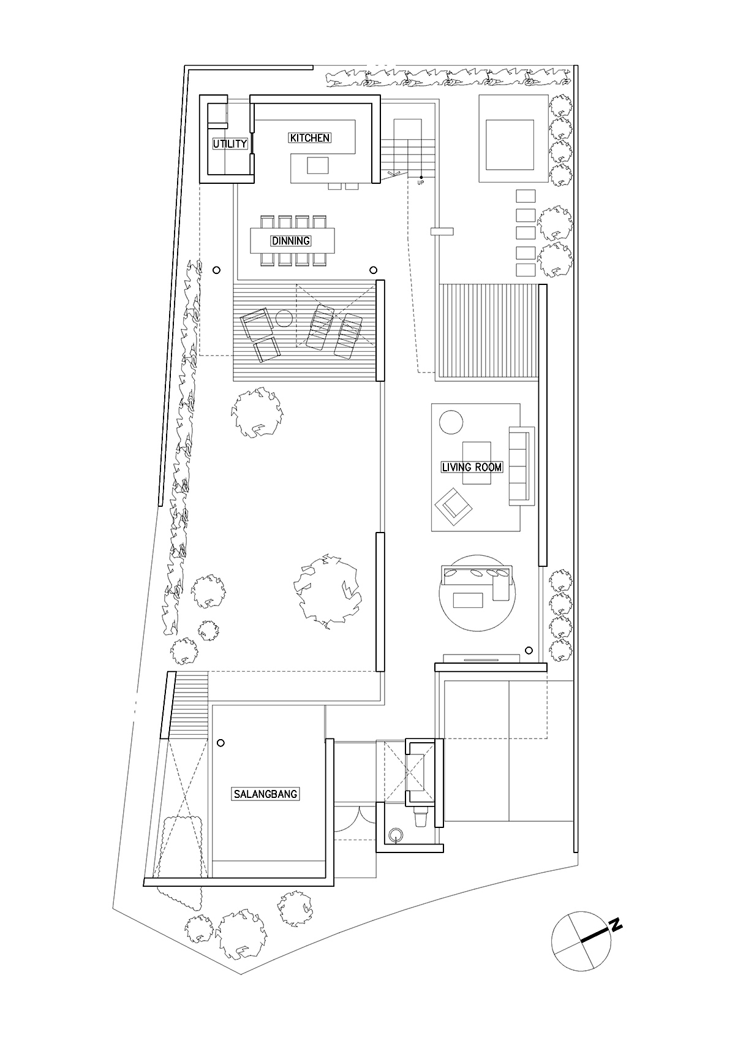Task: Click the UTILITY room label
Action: tap(230, 144)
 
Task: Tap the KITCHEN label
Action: tap(309, 138)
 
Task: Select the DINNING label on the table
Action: tap(291, 241)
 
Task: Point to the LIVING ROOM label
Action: tap(472, 467)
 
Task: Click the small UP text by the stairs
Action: tap(420, 183)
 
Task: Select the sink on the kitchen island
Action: tap(318, 165)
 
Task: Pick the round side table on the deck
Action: tap(284, 319)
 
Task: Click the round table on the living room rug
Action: tap(451, 422)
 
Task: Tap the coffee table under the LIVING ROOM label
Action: tap(477, 463)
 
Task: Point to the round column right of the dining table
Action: tap(373, 270)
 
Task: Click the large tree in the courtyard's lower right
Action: tap(328, 591)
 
